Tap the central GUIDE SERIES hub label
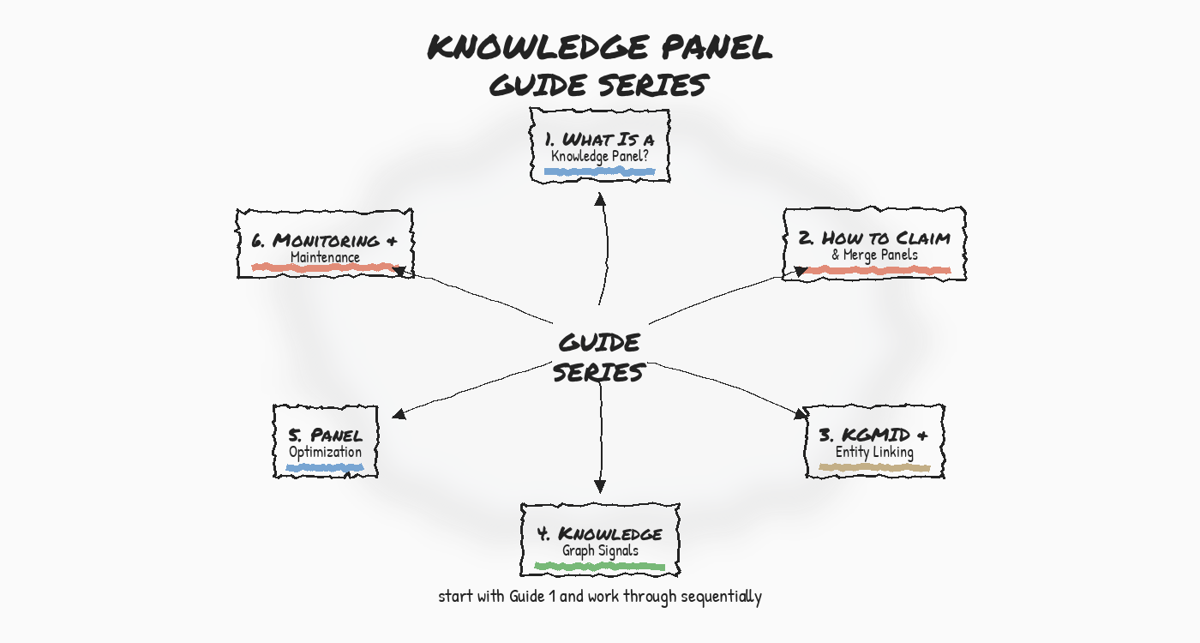599,358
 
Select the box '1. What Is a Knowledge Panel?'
599,145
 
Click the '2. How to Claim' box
874,243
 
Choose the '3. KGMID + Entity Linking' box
874,442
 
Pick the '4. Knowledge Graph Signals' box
599,540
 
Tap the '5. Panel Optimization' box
325,442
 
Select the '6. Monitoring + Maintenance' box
325,243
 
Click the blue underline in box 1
599,171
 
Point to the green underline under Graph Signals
599,566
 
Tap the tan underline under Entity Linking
874,467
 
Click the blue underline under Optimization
325,468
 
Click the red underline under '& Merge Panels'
879,270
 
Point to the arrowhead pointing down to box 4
600,486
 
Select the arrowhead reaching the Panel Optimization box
399,414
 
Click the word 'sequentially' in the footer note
721,597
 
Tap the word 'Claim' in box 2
924,237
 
